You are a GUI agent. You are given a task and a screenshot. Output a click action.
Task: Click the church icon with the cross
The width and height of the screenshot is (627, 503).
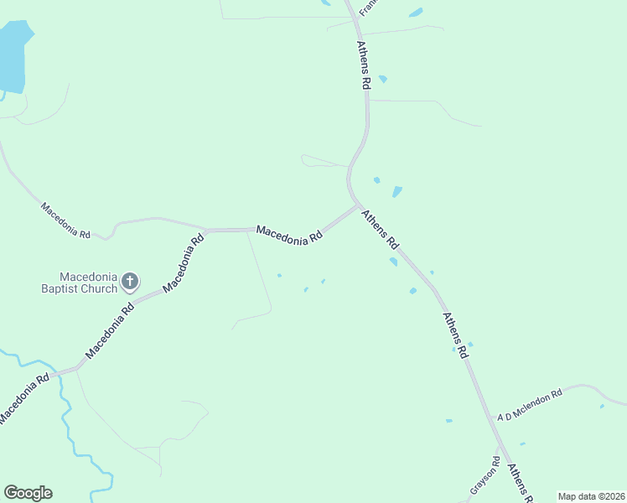[x=130, y=281]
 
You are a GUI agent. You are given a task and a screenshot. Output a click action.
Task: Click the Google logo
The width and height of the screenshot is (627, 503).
[x=28, y=493]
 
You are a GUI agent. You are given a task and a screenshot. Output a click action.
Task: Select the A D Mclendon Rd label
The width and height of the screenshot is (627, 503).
[x=528, y=404]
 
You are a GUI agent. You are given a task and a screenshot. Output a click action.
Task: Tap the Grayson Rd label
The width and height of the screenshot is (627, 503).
[x=485, y=475]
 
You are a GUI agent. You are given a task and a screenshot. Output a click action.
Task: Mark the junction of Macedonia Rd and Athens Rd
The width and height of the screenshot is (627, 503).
[x=359, y=205]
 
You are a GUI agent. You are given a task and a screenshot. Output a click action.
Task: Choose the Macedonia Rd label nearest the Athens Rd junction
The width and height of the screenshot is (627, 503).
[x=289, y=234]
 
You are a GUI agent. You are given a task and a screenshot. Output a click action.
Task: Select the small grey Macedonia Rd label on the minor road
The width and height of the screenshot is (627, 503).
[x=65, y=220]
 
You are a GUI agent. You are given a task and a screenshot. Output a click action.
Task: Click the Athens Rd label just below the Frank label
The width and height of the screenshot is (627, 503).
[x=364, y=65]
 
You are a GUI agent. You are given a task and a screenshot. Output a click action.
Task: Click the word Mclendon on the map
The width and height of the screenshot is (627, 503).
[x=538, y=402]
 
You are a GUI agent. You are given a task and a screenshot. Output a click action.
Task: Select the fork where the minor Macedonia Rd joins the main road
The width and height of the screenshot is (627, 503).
[x=207, y=230]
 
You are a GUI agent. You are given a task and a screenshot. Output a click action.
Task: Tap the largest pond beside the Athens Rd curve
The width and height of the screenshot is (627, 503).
[x=396, y=192]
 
